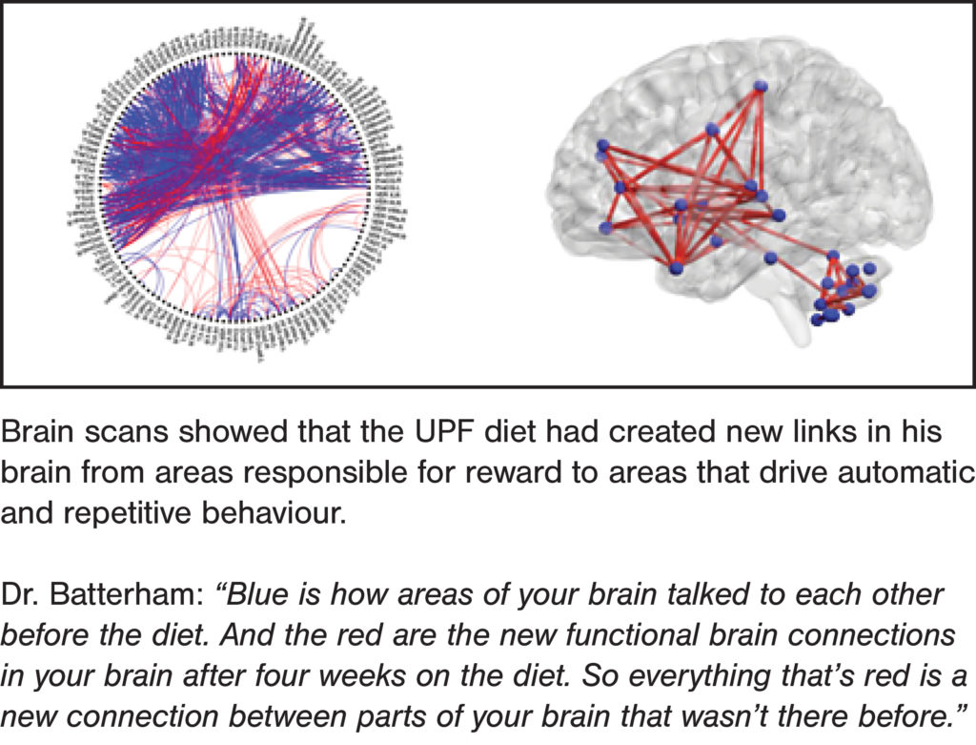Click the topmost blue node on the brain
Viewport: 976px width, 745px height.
[x=761, y=86]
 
